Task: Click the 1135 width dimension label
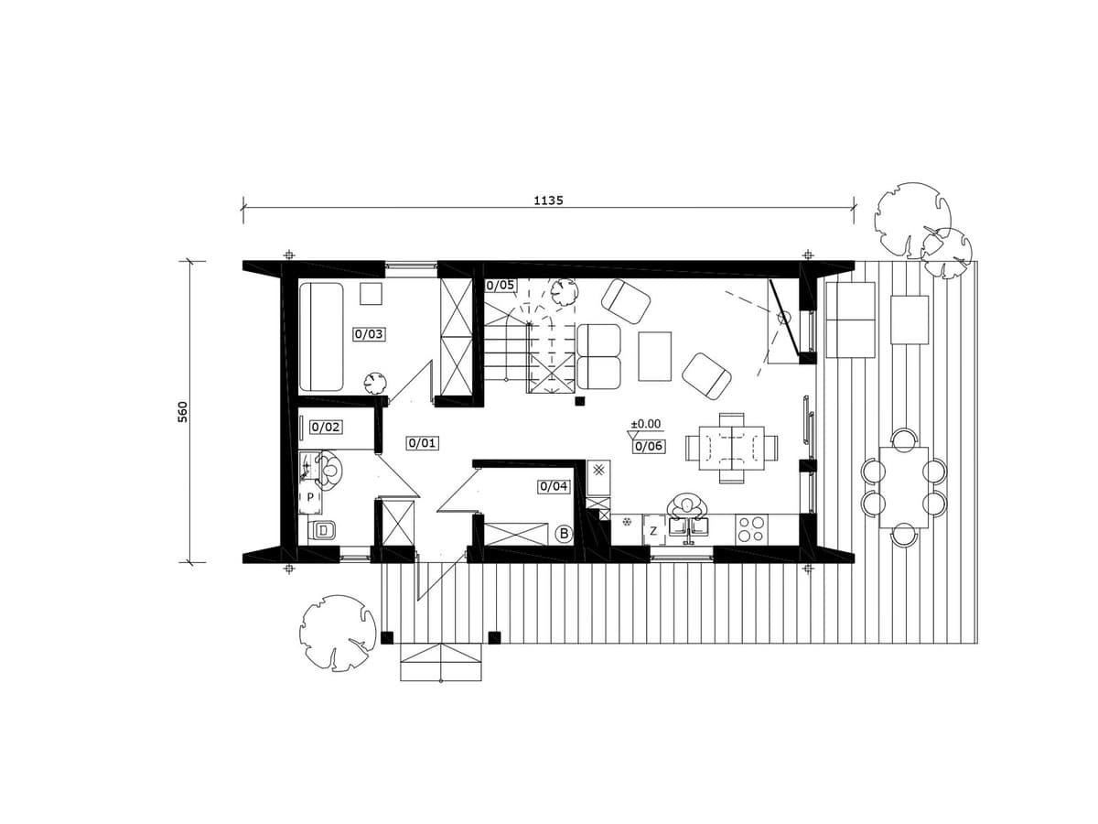click(548, 201)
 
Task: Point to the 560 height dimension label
click(183, 412)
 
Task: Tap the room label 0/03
click(369, 333)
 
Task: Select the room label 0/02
click(326, 427)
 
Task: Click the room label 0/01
click(422, 443)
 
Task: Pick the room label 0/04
click(554, 486)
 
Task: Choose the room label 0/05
click(501, 285)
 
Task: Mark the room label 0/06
click(649, 446)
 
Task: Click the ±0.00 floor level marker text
click(646, 424)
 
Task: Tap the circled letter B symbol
click(564, 534)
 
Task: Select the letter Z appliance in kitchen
click(653, 531)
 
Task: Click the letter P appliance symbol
click(310, 497)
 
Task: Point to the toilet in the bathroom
click(321, 530)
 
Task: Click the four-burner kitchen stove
click(751, 529)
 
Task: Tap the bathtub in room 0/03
click(320, 337)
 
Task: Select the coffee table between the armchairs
click(654, 356)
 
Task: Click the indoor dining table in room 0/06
click(731, 448)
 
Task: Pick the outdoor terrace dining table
click(903, 487)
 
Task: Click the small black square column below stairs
click(580, 401)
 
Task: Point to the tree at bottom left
click(337, 633)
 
